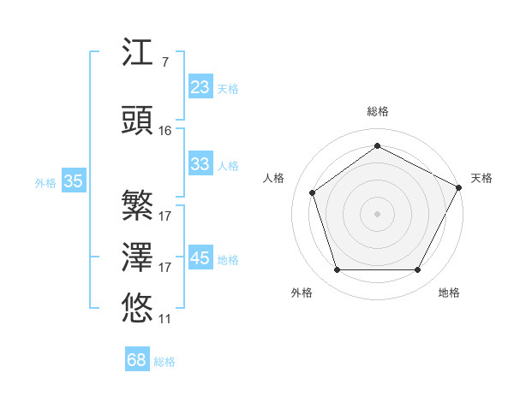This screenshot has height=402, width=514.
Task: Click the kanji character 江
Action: click(x=138, y=54)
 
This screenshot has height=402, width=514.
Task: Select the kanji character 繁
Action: click(x=138, y=204)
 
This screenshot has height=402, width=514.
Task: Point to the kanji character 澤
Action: click(x=138, y=257)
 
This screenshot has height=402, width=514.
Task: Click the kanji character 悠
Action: click(x=138, y=307)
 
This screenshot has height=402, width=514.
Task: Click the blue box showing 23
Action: click(x=200, y=87)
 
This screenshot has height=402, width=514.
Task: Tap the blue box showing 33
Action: click(x=200, y=164)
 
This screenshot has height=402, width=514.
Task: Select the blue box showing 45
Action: click(x=200, y=258)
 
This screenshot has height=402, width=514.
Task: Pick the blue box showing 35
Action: click(x=74, y=180)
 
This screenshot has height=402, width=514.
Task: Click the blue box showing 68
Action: click(x=137, y=360)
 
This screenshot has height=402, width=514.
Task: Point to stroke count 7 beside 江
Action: click(x=164, y=62)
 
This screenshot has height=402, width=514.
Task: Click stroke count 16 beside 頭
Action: click(x=165, y=130)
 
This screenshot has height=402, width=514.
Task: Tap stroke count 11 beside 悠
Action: click(x=165, y=318)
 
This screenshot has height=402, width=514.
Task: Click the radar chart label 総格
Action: click(x=377, y=111)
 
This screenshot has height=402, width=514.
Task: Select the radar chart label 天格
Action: click(x=481, y=178)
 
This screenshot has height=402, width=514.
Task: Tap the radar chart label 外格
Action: click(x=302, y=293)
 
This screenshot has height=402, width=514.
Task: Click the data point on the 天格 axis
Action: click(x=460, y=186)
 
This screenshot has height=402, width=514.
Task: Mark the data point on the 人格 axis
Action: click(x=313, y=192)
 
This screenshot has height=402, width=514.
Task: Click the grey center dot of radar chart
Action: click(x=377, y=213)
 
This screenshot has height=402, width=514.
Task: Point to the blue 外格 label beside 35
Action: click(x=45, y=182)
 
